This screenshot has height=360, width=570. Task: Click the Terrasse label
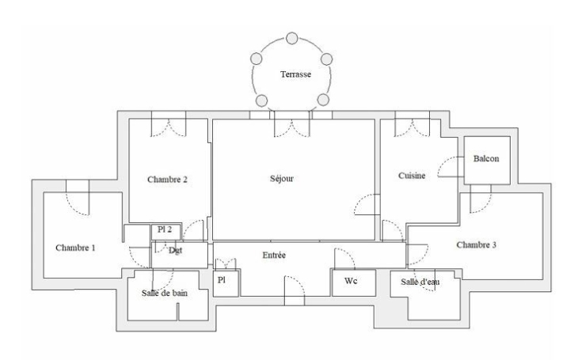295,74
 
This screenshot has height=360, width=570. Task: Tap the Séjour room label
281,179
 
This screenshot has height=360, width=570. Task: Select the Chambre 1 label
75,248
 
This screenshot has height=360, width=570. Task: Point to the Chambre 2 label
167,179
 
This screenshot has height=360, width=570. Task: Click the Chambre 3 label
477,245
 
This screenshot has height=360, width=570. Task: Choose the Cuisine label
412,176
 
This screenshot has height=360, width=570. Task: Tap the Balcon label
485,159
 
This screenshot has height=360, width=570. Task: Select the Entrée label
275,255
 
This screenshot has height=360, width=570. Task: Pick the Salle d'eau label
420,282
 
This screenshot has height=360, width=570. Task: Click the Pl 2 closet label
165,229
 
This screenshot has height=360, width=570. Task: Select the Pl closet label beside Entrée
222,281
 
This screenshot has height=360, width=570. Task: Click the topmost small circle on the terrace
291,37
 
